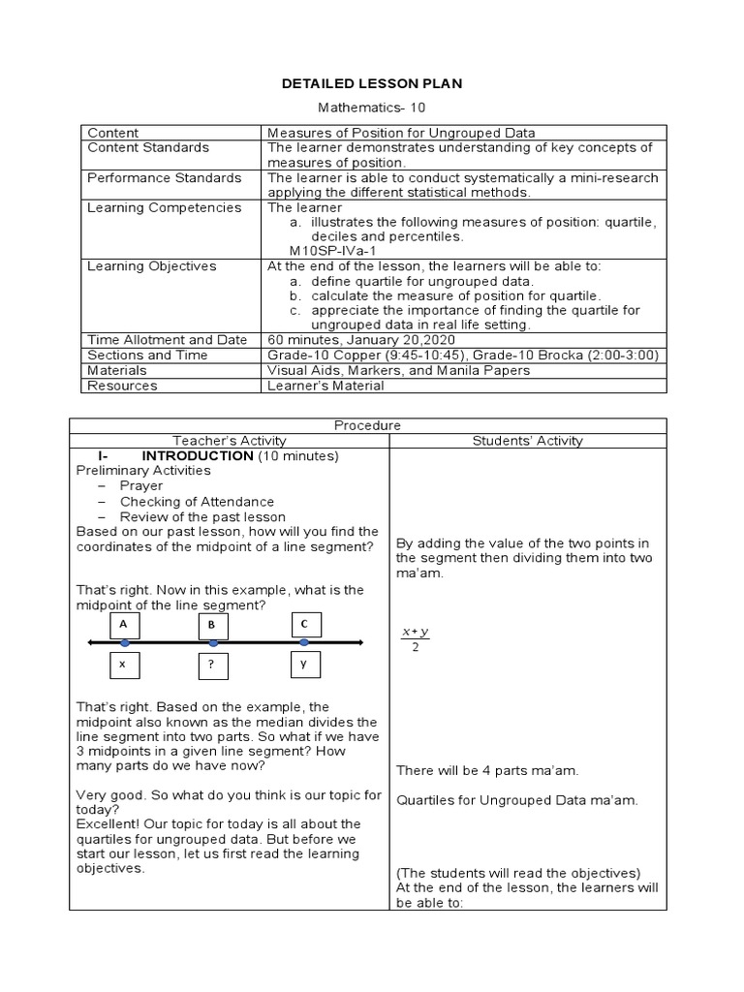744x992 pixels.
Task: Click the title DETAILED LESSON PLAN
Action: pos(372,84)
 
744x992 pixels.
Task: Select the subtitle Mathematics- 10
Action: pos(372,109)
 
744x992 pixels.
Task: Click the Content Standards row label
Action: pos(147,147)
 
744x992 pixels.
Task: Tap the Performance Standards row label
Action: pos(164,177)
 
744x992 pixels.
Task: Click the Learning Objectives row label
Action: pos(151,265)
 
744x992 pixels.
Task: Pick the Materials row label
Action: pos(116,370)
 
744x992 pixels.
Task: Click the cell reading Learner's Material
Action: pos(325,386)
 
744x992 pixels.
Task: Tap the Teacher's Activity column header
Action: pos(229,441)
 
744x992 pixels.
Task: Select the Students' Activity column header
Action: pos(527,441)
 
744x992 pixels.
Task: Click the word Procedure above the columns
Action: pos(367,425)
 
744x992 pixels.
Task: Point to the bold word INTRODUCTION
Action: pos(198,455)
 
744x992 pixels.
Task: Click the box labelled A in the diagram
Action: pos(123,625)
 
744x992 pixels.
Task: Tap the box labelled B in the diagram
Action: pos(211,626)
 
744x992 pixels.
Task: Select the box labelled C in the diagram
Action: pos(303,625)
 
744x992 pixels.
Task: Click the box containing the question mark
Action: pos(211,667)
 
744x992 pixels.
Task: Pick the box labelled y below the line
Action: pos(303,665)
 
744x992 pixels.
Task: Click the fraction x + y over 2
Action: pos(416,640)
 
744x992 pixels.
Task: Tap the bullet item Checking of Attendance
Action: pos(197,502)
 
